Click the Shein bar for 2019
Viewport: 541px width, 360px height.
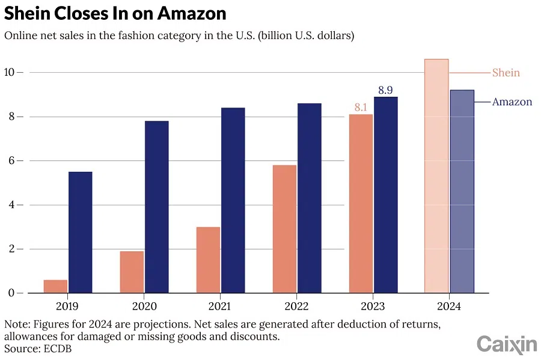point(56,287)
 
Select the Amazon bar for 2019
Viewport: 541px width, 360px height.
point(81,233)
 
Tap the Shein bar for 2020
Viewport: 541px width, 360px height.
point(132,272)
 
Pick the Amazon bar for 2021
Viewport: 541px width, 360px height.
point(233,200)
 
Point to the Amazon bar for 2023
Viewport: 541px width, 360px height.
point(385,195)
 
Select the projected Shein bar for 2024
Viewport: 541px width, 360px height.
point(436,176)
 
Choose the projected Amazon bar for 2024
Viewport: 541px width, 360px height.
point(462,191)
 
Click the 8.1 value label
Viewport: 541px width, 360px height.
point(361,108)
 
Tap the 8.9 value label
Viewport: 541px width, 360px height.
point(385,90)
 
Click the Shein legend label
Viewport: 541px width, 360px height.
point(506,73)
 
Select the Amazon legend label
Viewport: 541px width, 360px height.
point(512,102)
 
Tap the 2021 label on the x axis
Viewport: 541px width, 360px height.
point(220,306)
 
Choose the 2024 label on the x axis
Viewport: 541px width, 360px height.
point(449,306)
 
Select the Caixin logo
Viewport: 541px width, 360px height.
point(506,344)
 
